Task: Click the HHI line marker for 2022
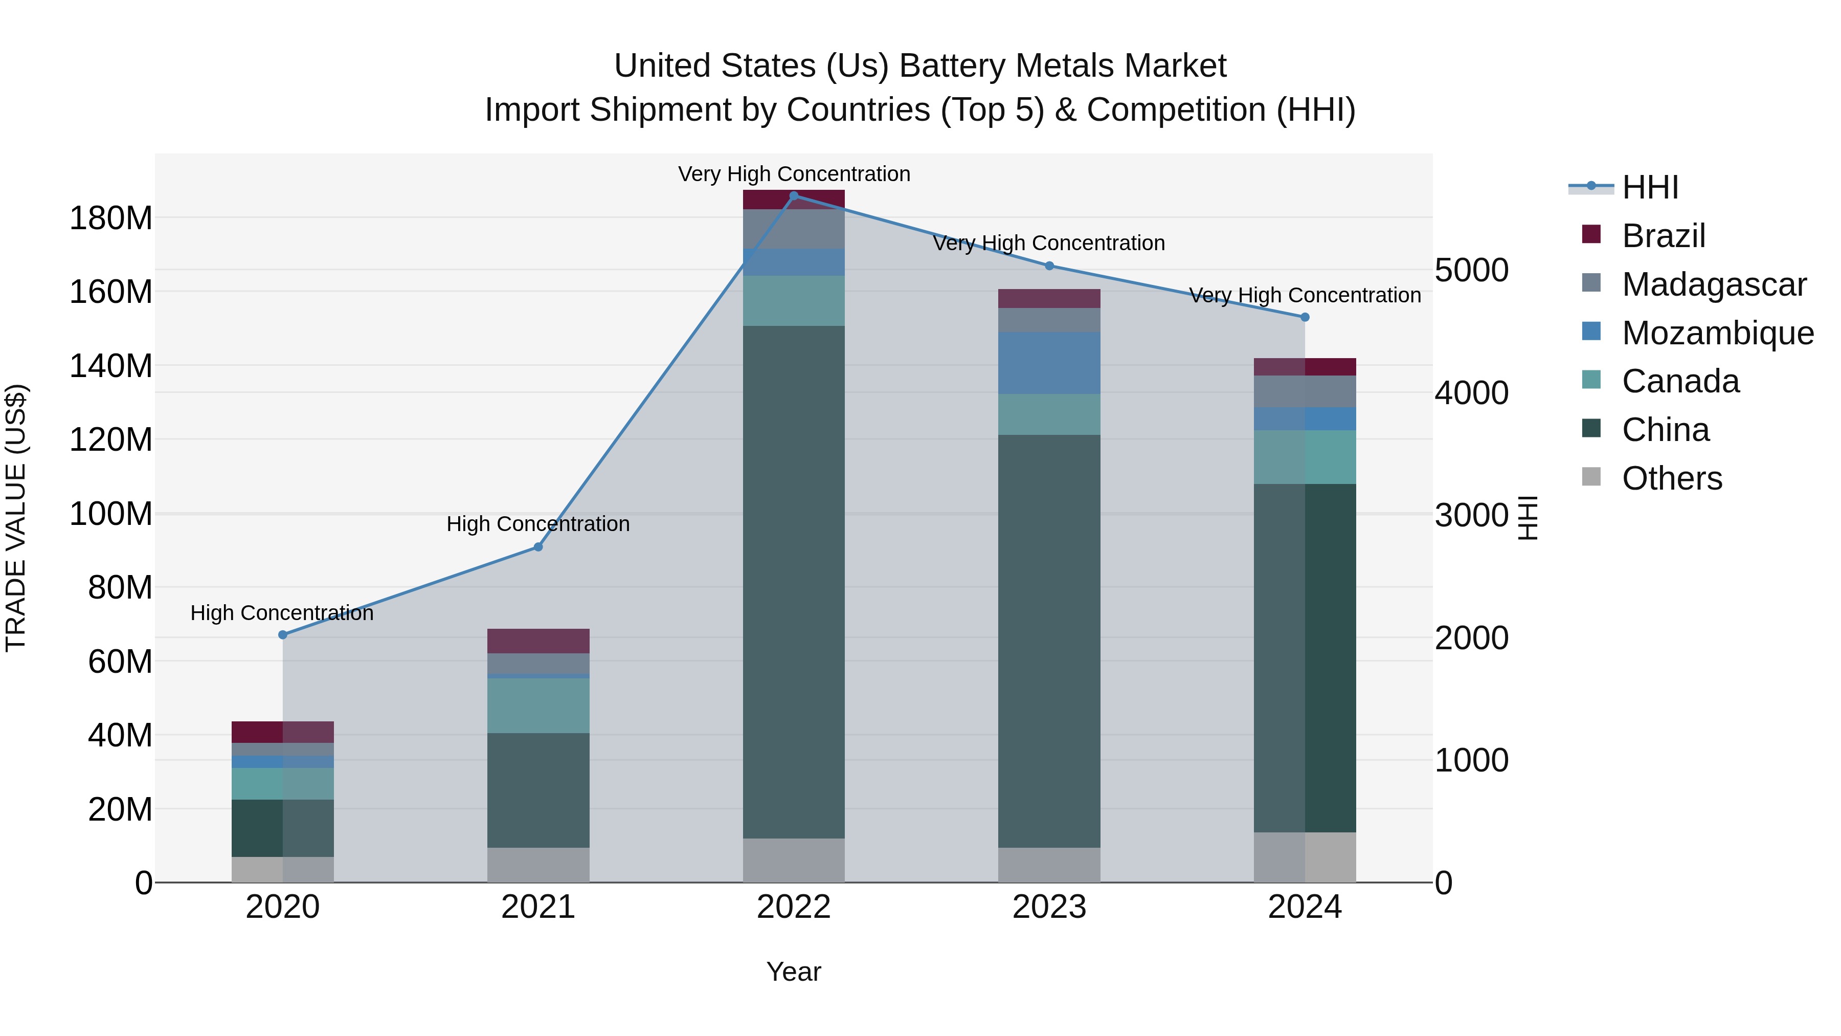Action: coord(793,195)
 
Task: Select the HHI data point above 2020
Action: coord(282,634)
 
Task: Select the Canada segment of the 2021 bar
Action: coord(538,705)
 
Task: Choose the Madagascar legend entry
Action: coord(1714,284)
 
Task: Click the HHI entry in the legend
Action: coord(1649,187)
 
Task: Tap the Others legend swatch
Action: coord(1591,477)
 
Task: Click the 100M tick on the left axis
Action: coord(111,514)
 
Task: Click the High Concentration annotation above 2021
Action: coord(538,523)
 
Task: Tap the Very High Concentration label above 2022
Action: coord(793,174)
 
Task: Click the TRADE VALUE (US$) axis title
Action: coord(16,518)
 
